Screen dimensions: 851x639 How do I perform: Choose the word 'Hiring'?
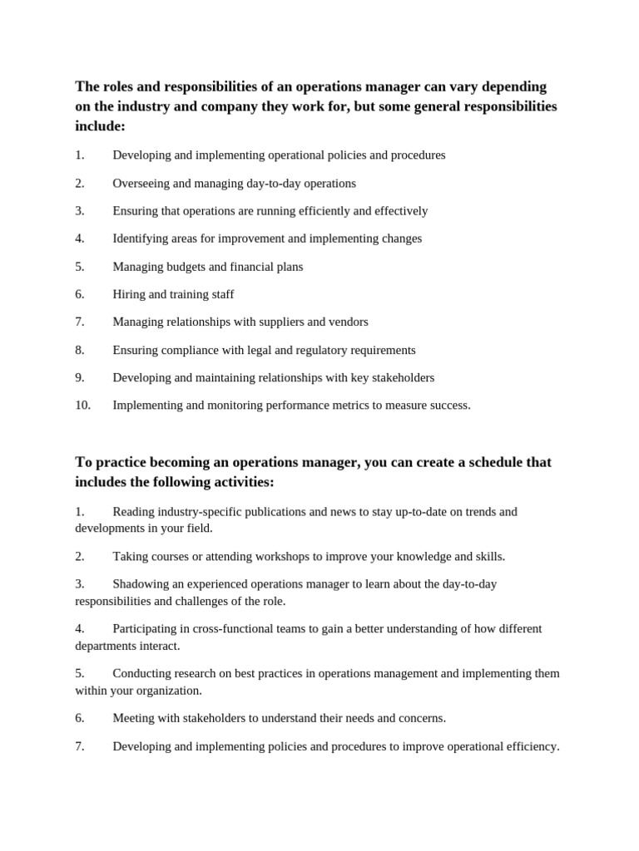(129, 294)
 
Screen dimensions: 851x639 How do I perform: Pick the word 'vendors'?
(349, 322)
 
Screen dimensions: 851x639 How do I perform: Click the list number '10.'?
(82, 406)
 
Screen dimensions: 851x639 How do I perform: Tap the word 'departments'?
(107, 646)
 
